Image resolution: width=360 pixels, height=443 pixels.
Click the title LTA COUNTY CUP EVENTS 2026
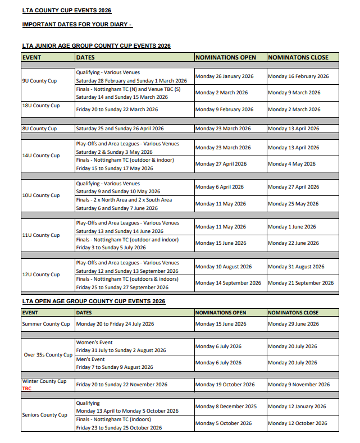[66, 11]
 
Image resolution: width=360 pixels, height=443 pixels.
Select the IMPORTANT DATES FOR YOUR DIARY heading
[77, 25]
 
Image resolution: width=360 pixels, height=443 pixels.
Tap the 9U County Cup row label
[39, 81]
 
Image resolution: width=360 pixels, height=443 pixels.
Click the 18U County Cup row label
[40, 106]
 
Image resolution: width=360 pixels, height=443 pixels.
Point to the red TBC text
[27, 389]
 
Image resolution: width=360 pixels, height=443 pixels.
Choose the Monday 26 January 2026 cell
[224, 76]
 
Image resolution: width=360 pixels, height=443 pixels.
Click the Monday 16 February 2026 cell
[298, 76]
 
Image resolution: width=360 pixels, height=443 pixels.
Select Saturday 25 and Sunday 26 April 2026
[120, 129]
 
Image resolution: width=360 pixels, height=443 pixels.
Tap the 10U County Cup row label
[40, 195]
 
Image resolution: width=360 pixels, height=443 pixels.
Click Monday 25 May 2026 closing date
[293, 204]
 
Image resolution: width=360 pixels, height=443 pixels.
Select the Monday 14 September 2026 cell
[228, 283]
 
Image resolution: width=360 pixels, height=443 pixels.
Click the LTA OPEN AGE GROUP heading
[93, 302]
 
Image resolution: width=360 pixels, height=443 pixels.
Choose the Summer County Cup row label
[46, 324]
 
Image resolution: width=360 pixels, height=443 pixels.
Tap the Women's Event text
[94, 342]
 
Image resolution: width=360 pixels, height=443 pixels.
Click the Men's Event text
[90, 359]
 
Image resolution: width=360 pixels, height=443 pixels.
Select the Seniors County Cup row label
[44, 415]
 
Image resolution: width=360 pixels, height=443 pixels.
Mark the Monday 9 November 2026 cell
[299, 385]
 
